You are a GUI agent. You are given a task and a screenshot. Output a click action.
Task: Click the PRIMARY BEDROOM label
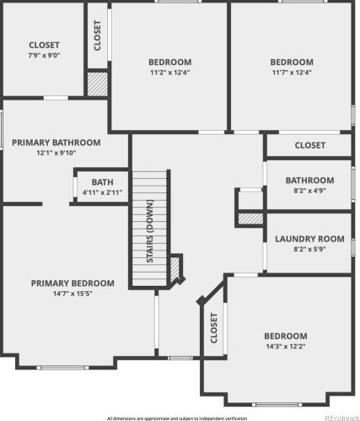tap(73, 283)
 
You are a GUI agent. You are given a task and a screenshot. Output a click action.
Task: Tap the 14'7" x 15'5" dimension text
tap(73, 294)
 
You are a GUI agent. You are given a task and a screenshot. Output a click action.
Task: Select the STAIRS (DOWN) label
tap(150, 231)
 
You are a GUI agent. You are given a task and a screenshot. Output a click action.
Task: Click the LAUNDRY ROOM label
tap(309, 239)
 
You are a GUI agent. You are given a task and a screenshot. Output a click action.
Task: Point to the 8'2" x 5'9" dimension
tap(309, 249)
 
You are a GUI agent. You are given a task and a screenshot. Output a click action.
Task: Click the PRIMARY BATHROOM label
tap(56, 143)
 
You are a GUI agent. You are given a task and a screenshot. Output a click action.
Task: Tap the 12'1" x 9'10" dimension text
tap(56, 153)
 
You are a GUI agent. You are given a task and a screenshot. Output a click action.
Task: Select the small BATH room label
tap(102, 182)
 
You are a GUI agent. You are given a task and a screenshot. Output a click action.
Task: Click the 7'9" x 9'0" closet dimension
tap(44, 55)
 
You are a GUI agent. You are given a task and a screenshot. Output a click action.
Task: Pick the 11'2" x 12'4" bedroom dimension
tap(170, 73)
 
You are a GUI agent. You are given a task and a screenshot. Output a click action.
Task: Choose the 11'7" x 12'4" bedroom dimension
tap(292, 73)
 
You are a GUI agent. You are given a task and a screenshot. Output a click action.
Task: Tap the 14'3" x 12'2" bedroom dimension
tap(286, 346)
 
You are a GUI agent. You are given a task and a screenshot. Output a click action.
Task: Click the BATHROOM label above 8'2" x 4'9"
tap(309, 181)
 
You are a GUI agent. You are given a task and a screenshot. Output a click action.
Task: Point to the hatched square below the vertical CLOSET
tap(98, 84)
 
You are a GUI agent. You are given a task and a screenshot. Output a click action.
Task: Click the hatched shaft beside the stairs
tap(175, 268)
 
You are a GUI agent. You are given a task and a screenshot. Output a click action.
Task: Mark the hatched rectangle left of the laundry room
tap(250, 219)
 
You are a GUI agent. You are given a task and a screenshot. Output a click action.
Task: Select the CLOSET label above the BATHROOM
tap(310, 145)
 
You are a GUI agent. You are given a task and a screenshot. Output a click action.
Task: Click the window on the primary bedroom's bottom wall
tap(63, 368)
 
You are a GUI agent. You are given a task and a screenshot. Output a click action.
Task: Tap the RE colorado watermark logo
tap(342, 418)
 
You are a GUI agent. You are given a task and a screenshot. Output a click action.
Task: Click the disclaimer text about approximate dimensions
tap(177, 418)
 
